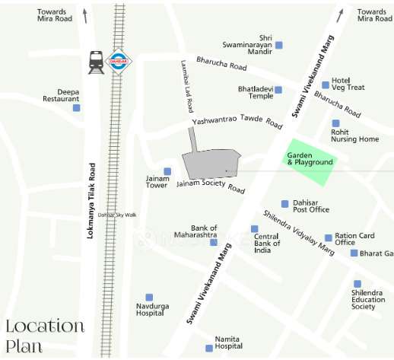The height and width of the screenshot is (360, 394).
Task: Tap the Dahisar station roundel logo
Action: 119,61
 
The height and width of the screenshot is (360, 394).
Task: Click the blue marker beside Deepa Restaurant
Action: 76,107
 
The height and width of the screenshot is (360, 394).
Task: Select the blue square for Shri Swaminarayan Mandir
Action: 278,46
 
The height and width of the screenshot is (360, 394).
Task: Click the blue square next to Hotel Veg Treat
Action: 326,84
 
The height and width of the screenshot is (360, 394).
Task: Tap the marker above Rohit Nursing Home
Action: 335,123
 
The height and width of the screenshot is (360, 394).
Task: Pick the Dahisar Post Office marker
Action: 285,203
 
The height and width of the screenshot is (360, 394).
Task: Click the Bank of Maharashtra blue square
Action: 214,242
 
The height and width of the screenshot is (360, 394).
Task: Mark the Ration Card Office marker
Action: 329,237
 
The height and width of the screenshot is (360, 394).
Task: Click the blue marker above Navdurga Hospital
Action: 149,297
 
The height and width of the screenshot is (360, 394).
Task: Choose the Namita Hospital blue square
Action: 209,348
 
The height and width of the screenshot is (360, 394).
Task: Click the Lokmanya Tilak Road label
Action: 91,200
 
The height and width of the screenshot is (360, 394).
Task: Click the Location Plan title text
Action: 44,336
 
